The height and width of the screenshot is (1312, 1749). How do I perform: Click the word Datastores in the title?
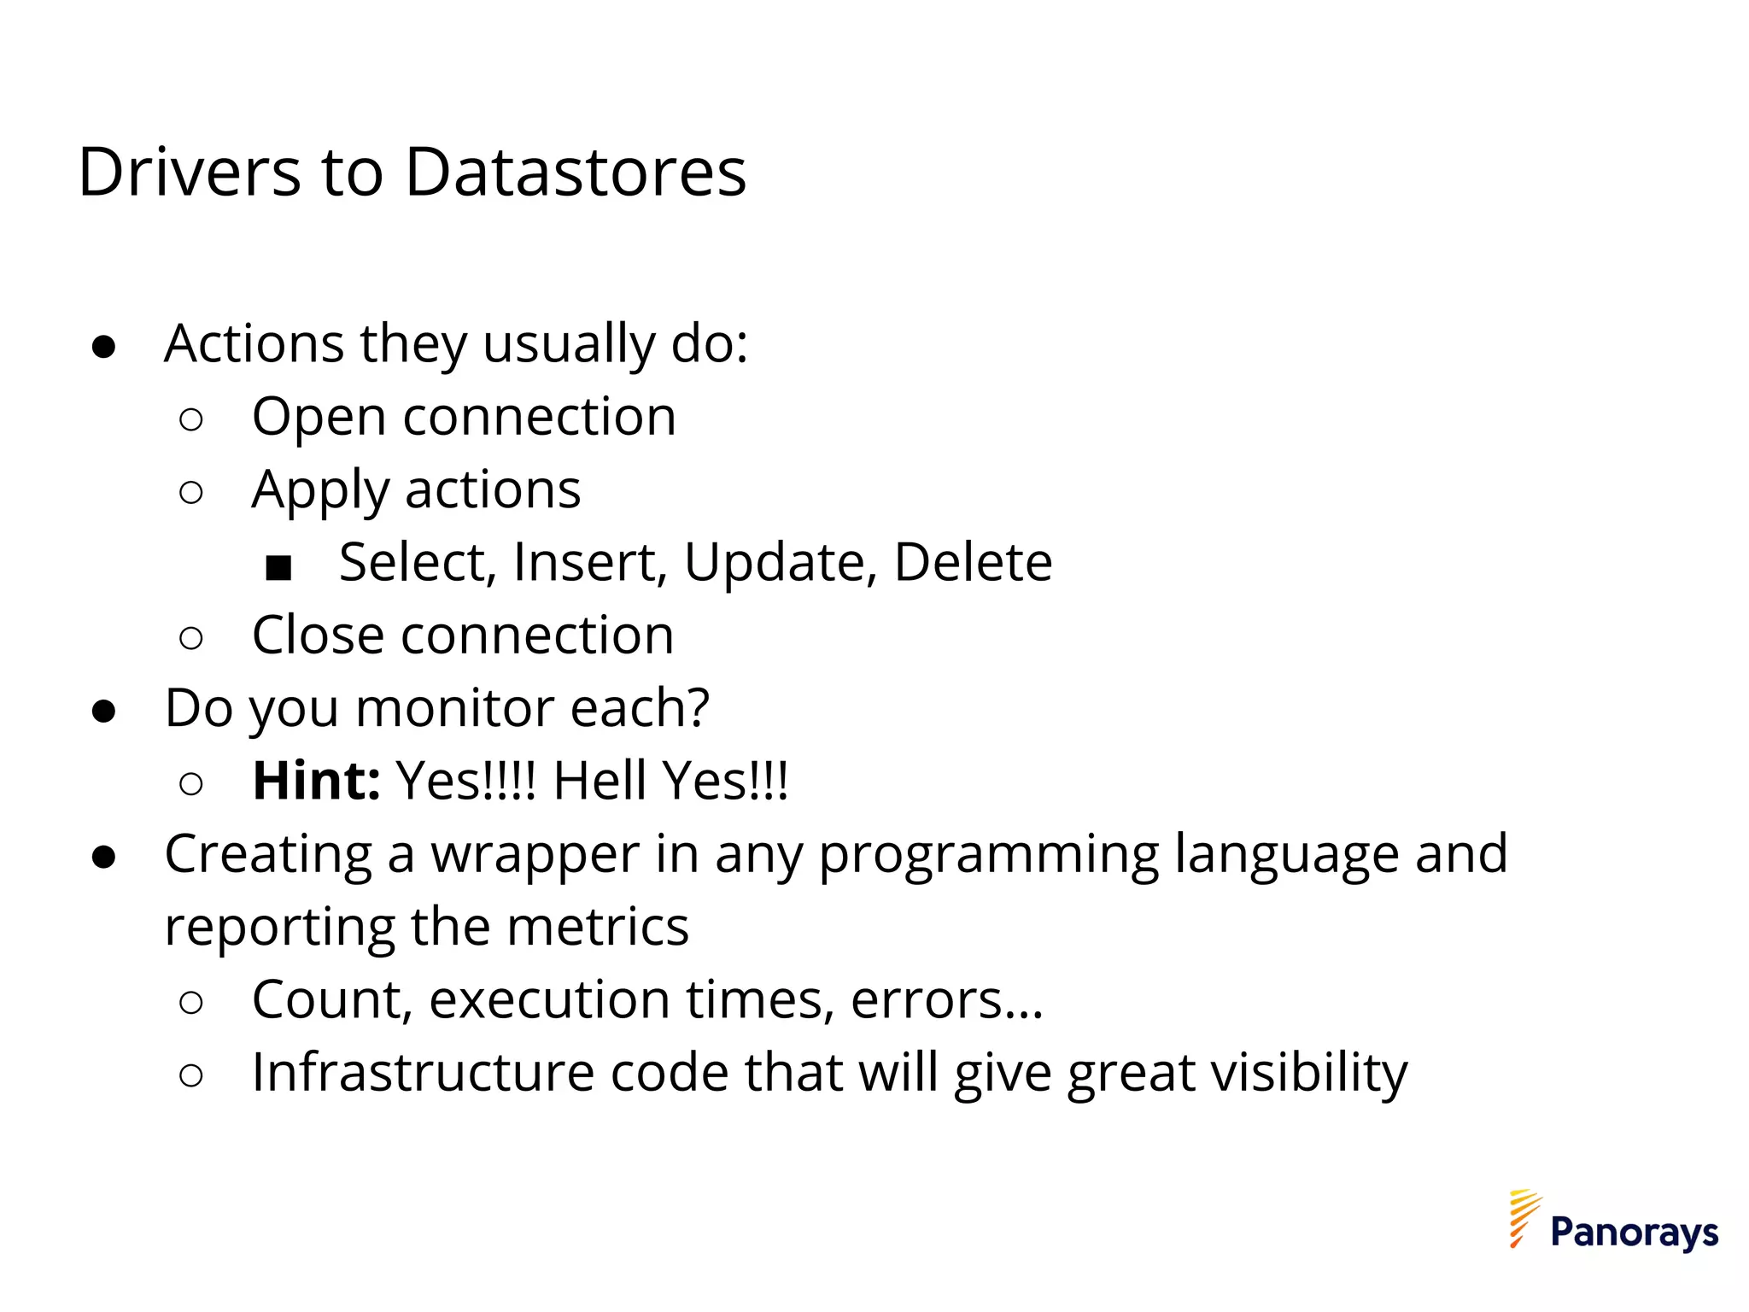[x=575, y=173]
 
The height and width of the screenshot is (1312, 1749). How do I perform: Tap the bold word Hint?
[x=316, y=781]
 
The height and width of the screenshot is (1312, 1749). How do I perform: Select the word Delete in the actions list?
[x=973, y=563]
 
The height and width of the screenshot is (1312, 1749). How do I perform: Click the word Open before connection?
[x=319, y=419]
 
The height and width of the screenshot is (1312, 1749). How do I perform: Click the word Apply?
[x=320, y=492]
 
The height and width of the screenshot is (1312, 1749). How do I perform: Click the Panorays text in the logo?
[x=1634, y=1233]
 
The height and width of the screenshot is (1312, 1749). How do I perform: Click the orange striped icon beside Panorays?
[x=1524, y=1217]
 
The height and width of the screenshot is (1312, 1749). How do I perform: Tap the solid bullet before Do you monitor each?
[x=103, y=712]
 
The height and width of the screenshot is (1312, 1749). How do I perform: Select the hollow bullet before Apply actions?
[x=191, y=493]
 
